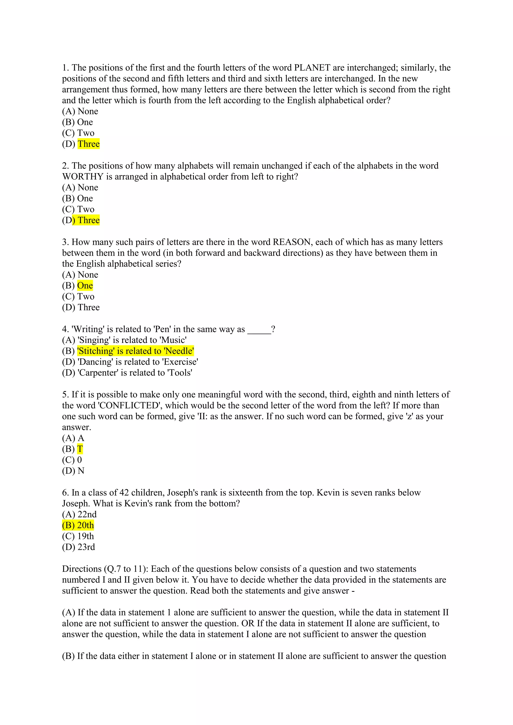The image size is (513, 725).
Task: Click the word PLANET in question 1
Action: click(x=312, y=68)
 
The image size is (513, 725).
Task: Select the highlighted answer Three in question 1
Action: click(x=88, y=144)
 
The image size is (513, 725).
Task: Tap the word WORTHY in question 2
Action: click(x=83, y=177)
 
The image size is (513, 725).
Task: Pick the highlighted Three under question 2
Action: click(x=88, y=220)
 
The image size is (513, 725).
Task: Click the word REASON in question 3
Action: click(x=292, y=242)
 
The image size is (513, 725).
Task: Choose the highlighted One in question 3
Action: click(x=85, y=286)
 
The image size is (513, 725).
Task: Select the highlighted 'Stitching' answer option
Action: click(x=135, y=351)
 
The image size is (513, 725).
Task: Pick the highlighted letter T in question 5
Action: click(x=80, y=449)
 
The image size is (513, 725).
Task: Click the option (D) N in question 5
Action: click(x=73, y=471)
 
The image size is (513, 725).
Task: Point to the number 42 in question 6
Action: click(x=124, y=493)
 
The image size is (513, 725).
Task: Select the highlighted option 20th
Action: click(x=78, y=525)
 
